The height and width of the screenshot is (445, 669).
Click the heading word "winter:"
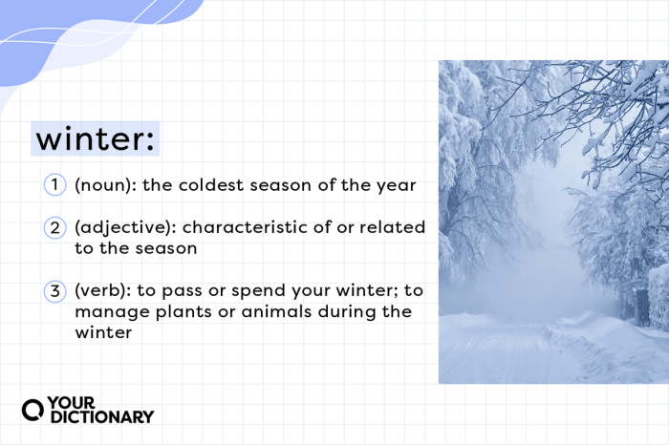tap(95, 139)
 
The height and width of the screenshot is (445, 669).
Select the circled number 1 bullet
tap(54, 185)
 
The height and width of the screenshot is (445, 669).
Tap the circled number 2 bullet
tap(54, 229)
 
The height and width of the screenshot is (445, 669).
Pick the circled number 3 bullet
tap(54, 292)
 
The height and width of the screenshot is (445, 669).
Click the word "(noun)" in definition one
tap(103, 185)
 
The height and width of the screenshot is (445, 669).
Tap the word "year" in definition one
tap(398, 185)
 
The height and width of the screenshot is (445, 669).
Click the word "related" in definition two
tap(384, 229)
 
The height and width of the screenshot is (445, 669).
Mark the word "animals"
tap(275, 313)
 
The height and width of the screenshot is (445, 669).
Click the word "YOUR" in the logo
tap(75, 402)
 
